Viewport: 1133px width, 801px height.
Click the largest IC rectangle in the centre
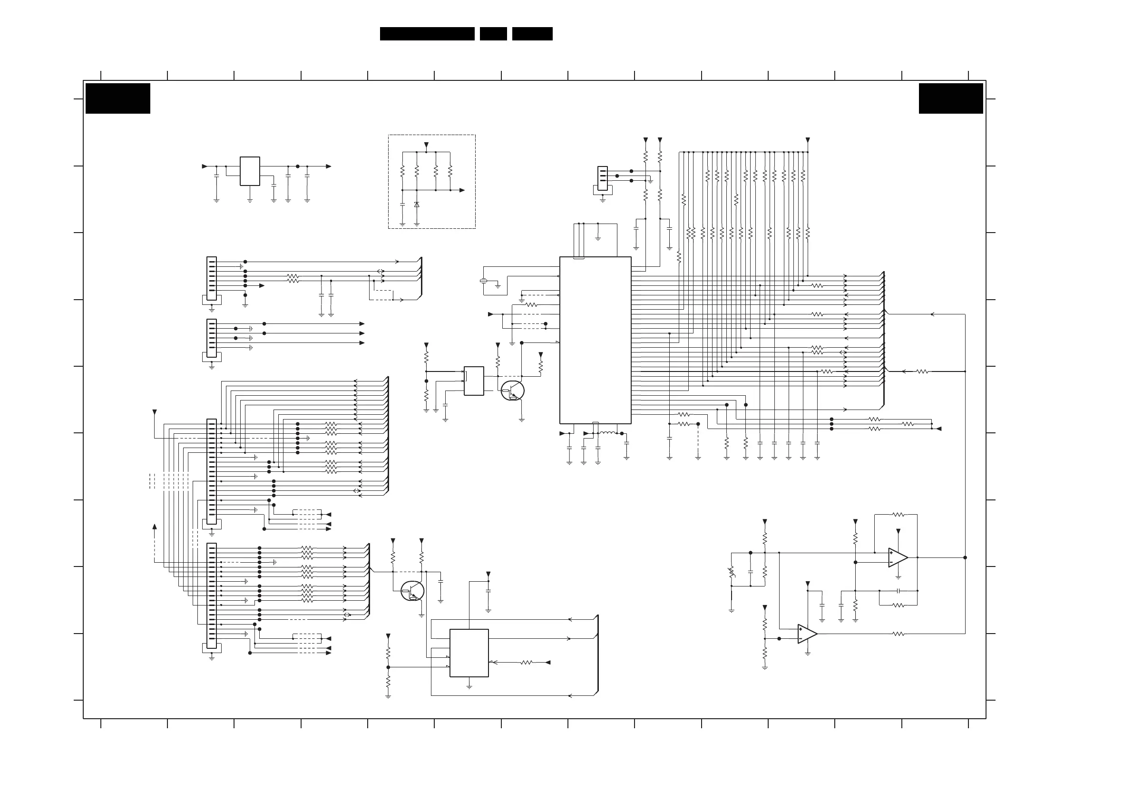[595, 340]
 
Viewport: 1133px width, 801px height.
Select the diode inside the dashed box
[417, 205]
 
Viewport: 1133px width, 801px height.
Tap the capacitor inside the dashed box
[402, 204]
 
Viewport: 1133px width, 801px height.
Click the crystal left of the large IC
[484, 281]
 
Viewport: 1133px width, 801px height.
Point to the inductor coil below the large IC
[607, 433]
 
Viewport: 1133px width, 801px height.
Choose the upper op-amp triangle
[898, 557]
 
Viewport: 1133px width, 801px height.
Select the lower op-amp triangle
[807, 634]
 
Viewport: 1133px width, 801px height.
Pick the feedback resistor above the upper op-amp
[898, 515]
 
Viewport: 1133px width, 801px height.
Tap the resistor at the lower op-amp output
[898, 634]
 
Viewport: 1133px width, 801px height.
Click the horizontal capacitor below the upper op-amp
[898, 591]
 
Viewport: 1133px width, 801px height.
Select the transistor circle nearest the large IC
[512, 391]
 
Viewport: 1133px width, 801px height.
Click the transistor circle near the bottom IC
[412, 591]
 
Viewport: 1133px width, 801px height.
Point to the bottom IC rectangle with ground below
[469, 653]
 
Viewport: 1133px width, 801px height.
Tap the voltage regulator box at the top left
[250, 171]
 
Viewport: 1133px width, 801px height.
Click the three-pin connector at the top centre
[602, 178]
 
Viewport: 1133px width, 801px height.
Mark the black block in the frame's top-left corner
[118, 98]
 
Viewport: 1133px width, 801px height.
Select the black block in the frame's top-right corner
[950, 98]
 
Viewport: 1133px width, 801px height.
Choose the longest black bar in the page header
[427, 34]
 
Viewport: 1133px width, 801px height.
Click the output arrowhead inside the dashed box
[462, 190]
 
